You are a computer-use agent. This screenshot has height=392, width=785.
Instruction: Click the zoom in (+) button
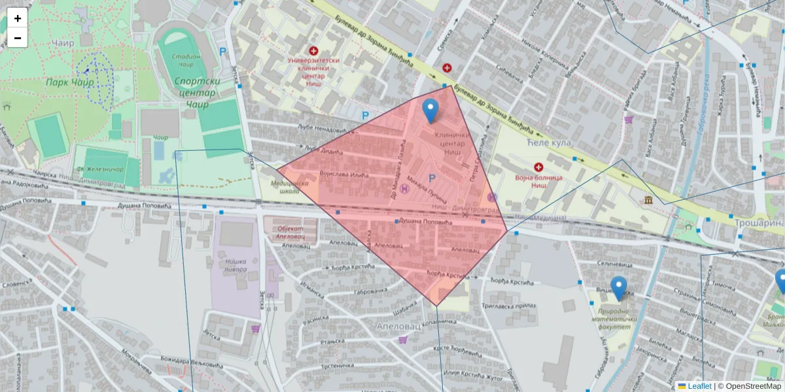pyautogui.click(x=18, y=18)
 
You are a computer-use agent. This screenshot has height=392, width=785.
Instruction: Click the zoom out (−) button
pyautogui.click(x=18, y=38)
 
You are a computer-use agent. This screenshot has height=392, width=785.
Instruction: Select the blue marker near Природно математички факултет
pyautogui.click(x=618, y=288)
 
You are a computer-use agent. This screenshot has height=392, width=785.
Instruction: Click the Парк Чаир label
pyautogui.click(x=69, y=82)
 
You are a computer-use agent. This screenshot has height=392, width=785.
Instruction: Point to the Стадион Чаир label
pyautogui.click(x=186, y=61)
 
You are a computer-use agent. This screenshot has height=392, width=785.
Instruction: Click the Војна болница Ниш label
pyautogui.click(x=538, y=181)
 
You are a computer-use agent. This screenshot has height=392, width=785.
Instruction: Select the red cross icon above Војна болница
pyautogui.click(x=538, y=167)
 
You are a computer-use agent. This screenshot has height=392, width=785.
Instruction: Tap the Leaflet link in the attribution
pyautogui.click(x=699, y=386)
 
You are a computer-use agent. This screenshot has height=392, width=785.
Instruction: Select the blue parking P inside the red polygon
pyautogui.click(x=431, y=178)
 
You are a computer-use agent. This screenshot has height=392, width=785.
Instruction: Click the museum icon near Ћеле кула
pyautogui.click(x=648, y=199)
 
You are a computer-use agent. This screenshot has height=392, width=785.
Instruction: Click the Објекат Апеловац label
pyautogui.click(x=290, y=233)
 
